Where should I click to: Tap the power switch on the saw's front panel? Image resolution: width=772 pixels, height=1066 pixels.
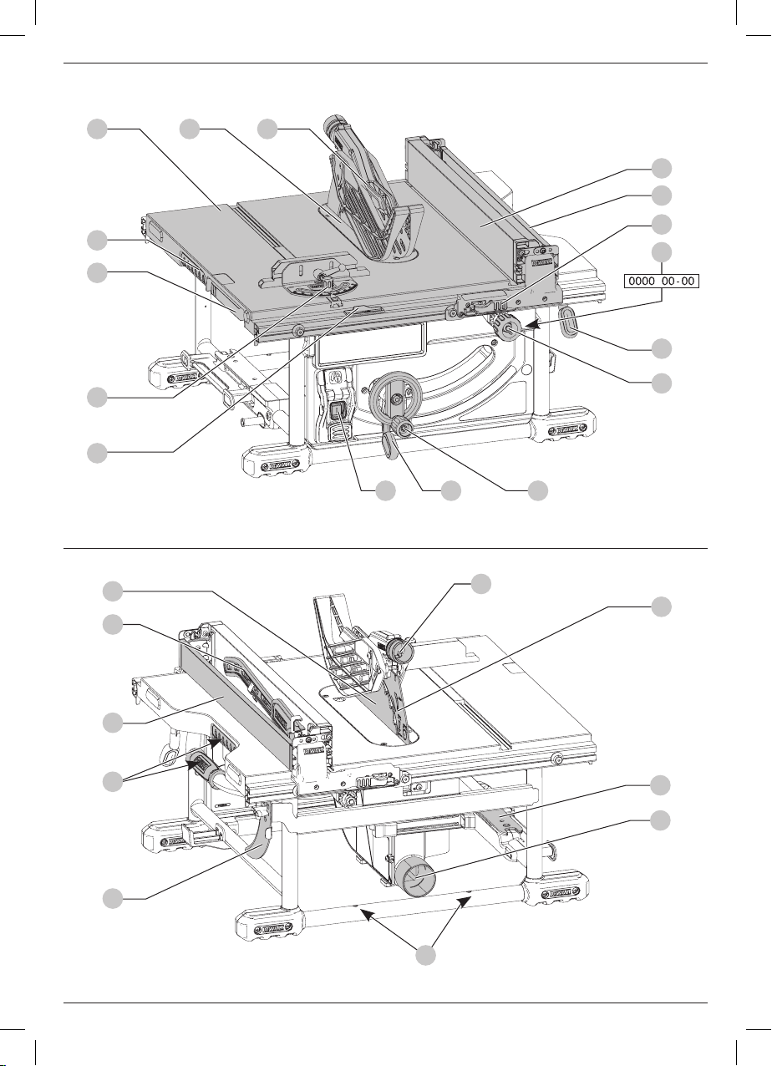tap(338, 413)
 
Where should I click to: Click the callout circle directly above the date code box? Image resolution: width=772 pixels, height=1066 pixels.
tap(662, 251)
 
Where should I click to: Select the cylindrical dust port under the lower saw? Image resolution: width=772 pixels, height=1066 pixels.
tap(417, 878)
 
